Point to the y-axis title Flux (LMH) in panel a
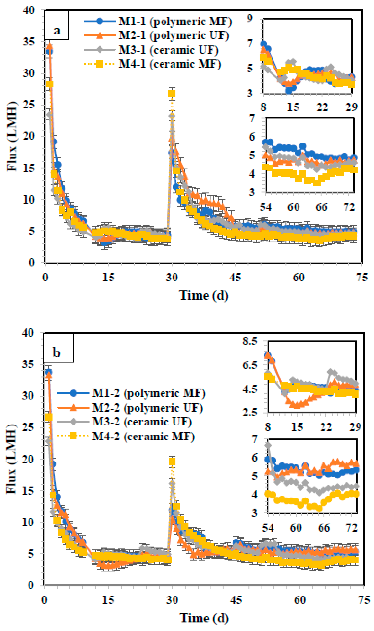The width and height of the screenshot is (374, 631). pyautogui.click(x=11, y=136)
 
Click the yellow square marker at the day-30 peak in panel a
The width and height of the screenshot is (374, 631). pyautogui.click(x=172, y=94)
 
